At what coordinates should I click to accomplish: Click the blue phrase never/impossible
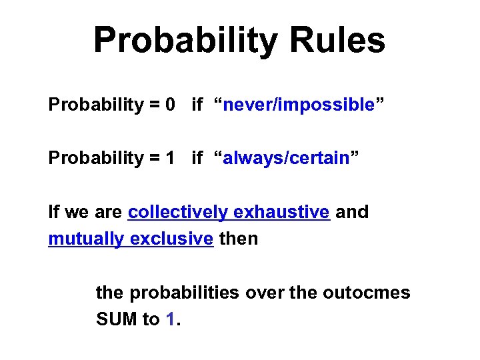coord(299,105)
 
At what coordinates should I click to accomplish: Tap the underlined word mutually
coord(85,239)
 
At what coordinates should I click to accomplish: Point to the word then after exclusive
coord(238,239)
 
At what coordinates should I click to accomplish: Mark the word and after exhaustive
coord(352,212)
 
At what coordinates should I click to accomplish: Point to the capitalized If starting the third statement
coord(53,212)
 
